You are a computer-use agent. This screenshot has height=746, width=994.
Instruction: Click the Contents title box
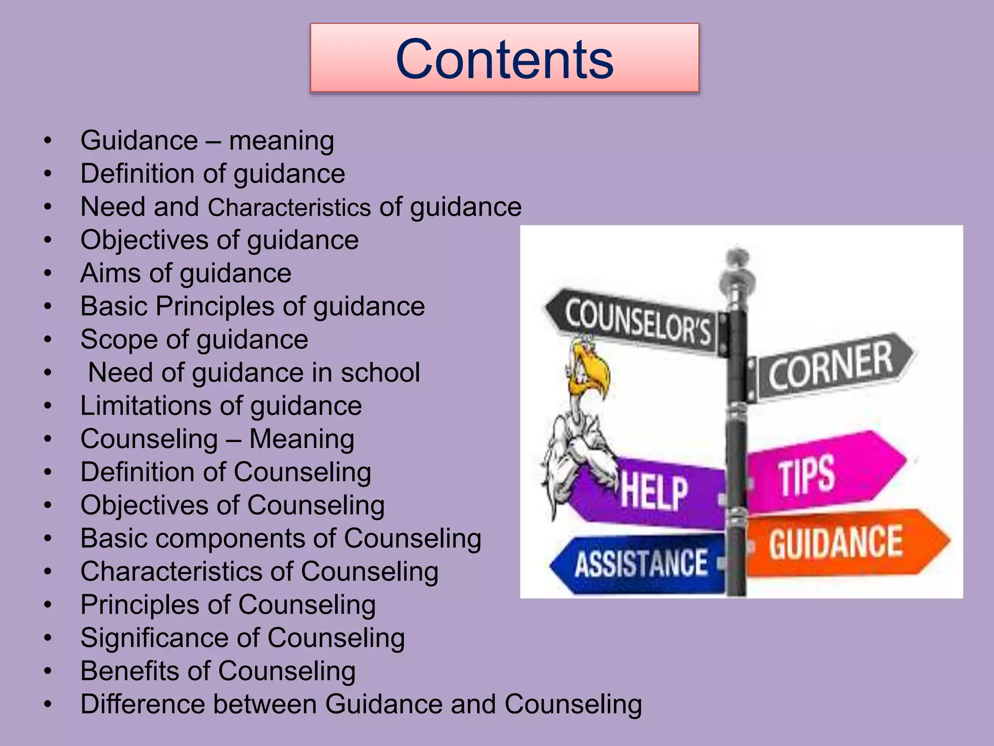[504, 58]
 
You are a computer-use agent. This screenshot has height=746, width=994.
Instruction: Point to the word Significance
[165, 638]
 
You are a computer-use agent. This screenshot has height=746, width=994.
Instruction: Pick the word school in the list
[380, 373]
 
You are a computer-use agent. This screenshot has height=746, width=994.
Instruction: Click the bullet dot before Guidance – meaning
[48, 141]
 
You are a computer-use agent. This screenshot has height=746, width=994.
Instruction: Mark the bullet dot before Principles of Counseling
[48, 605]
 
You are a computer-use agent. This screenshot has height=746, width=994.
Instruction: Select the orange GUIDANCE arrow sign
[845, 542]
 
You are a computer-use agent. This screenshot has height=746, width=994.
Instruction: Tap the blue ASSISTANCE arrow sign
[641, 563]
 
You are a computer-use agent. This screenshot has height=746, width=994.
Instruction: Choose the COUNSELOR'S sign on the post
[636, 321]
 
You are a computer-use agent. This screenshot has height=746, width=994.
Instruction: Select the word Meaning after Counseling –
[301, 439]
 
